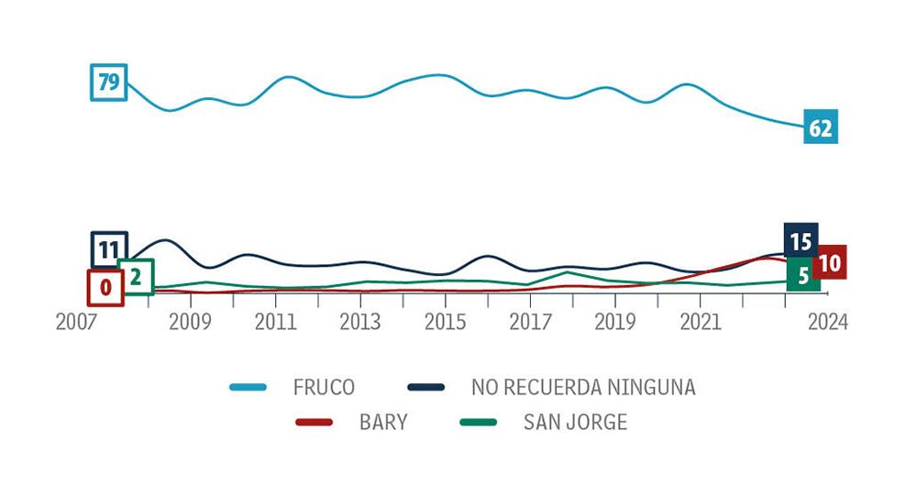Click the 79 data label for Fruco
tap(108, 83)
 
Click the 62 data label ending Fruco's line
tap(820, 128)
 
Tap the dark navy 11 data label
tap(109, 249)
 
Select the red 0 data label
tap(105, 287)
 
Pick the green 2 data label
tap(135, 276)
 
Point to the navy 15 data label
tap(801, 242)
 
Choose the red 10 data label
tap(830, 262)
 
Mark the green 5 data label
tap(803, 276)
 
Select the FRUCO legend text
tap(325, 387)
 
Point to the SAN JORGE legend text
tap(575, 423)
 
